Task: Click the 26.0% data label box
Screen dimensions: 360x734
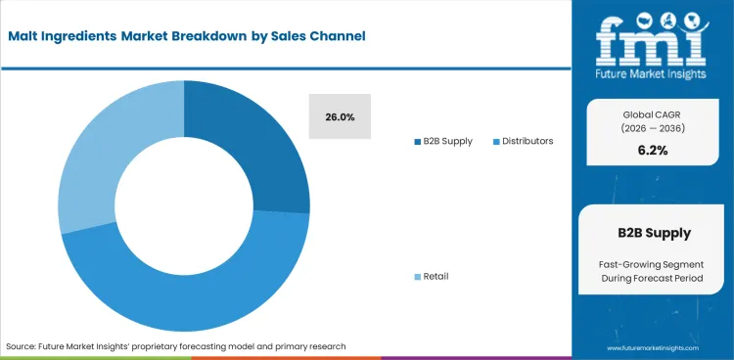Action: click(340, 116)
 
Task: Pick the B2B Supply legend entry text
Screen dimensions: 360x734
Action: click(448, 141)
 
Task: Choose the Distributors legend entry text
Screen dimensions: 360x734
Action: click(528, 141)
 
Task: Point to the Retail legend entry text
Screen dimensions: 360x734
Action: click(436, 276)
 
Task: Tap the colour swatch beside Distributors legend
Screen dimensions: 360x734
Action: click(497, 142)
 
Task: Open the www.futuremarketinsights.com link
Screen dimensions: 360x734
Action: click(651, 347)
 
